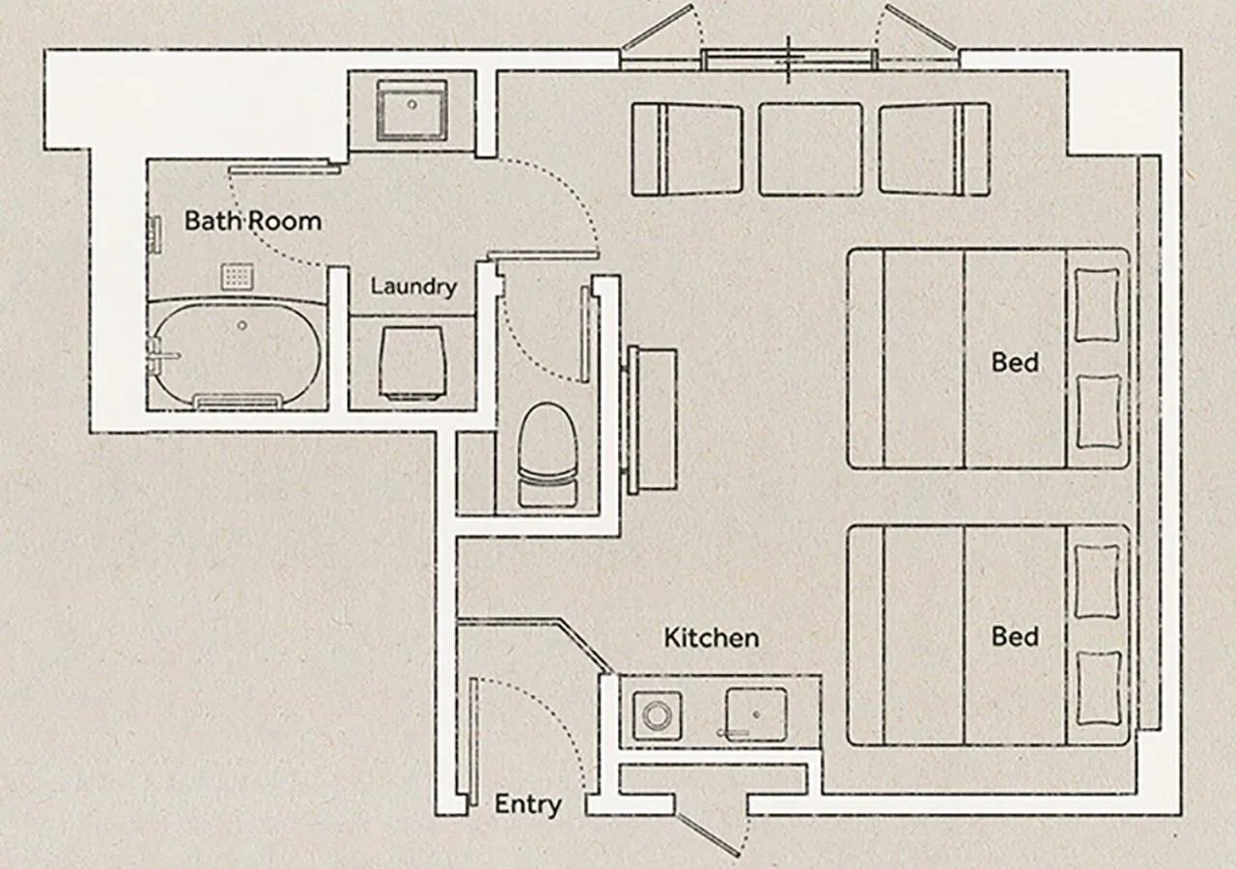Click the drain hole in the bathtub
[241, 326]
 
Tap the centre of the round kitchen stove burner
[656, 716]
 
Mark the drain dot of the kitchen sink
[756, 715]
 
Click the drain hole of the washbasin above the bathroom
[411, 103]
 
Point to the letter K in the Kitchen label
[671, 638]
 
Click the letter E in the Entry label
[501, 803]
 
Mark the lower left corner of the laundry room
[350, 410]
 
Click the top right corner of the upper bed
[1129, 249]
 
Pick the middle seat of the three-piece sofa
[810, 149]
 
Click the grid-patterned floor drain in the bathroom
[238, 276]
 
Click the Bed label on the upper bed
[1015, 362]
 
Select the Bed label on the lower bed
[1015, 636]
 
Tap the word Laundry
[413, 288]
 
